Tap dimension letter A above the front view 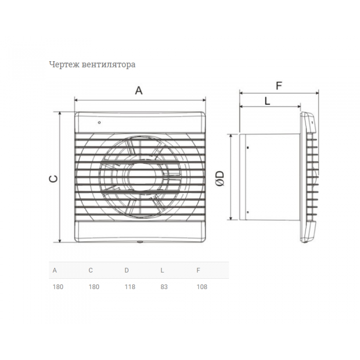tap(139, 91)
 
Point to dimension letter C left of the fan tap(53, 178)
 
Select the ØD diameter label tap(220, 178)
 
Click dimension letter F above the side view tap(279, 86)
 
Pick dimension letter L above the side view tap(267, 101)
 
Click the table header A tap(55, 270)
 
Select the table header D tap(127, 270)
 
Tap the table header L tap(162, 270)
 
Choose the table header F tap(198, 270)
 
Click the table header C tap(91, 270)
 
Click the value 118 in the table tap(130, 287)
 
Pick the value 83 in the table tap(164, 287)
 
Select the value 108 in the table tap(202, 287)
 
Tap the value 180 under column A tap(58, 287)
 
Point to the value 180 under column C tap(94, 287)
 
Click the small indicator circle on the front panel tap(99, 122)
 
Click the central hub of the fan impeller tap(140, 177)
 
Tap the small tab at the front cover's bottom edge tap(140, 242)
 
